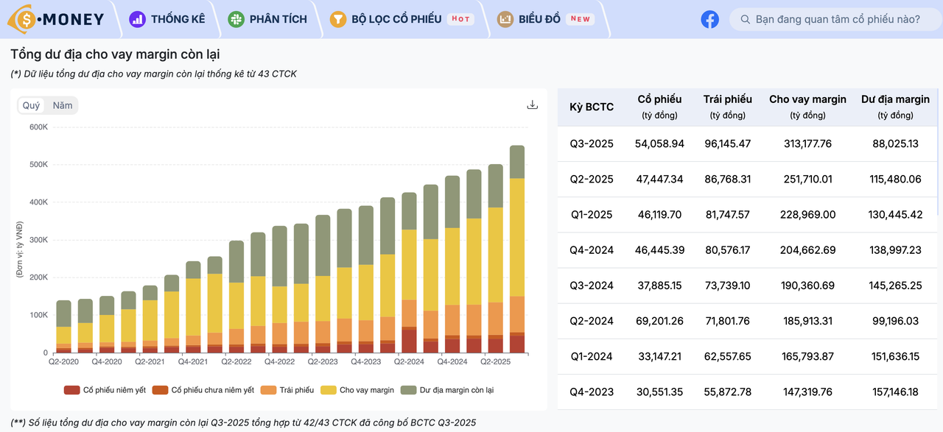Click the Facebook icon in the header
(709, 19)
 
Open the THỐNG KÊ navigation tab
(167, 19)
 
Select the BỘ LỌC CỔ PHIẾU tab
(402, 19)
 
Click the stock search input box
(835, 19)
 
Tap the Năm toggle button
(63, 105)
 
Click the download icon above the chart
(532, 105)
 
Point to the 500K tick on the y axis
(38, 164)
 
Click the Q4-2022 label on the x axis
(279, 362)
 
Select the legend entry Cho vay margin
(357, 390)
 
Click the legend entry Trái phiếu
(287, 390)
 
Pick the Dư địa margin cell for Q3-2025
(895, 144)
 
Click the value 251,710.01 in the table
(807, 179)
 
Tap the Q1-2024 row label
(591, 357)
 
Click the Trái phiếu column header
(727, 107)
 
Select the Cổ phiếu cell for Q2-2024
(659, 321)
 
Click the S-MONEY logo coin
(25, 20)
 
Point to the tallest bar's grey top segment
(517, 162)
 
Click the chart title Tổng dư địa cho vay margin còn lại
(115, 54)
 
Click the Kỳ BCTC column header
(591, 107)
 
